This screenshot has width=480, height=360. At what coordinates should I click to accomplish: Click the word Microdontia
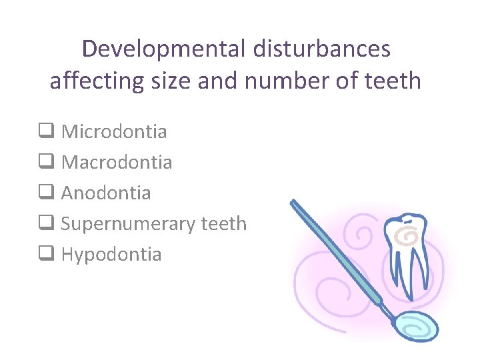coord(114,131)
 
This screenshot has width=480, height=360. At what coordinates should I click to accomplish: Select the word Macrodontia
coord(117,162)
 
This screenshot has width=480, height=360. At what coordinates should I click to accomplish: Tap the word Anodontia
coord(106,193)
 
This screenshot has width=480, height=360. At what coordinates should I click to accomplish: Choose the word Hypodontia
coord(111,254)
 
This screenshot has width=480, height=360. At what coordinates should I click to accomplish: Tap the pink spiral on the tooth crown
coord(404,234)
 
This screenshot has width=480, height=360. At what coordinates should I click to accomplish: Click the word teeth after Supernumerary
coord(224,223)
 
